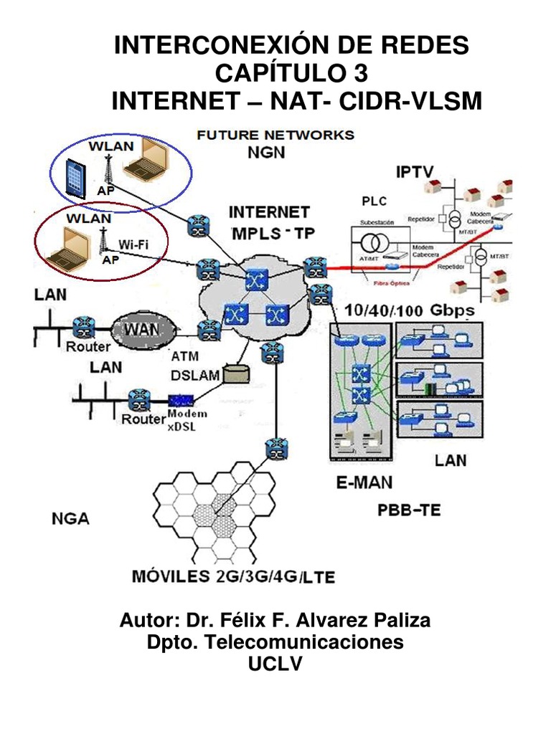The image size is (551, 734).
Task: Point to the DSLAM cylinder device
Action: click(235, 373)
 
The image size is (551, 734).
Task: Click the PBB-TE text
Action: click(409, 510)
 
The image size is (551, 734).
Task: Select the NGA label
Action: click(70, 518)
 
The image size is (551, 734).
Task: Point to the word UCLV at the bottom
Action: click(275, 664)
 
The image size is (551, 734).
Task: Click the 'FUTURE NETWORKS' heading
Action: click(275, 135)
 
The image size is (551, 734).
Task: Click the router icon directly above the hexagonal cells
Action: click(274, 449)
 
